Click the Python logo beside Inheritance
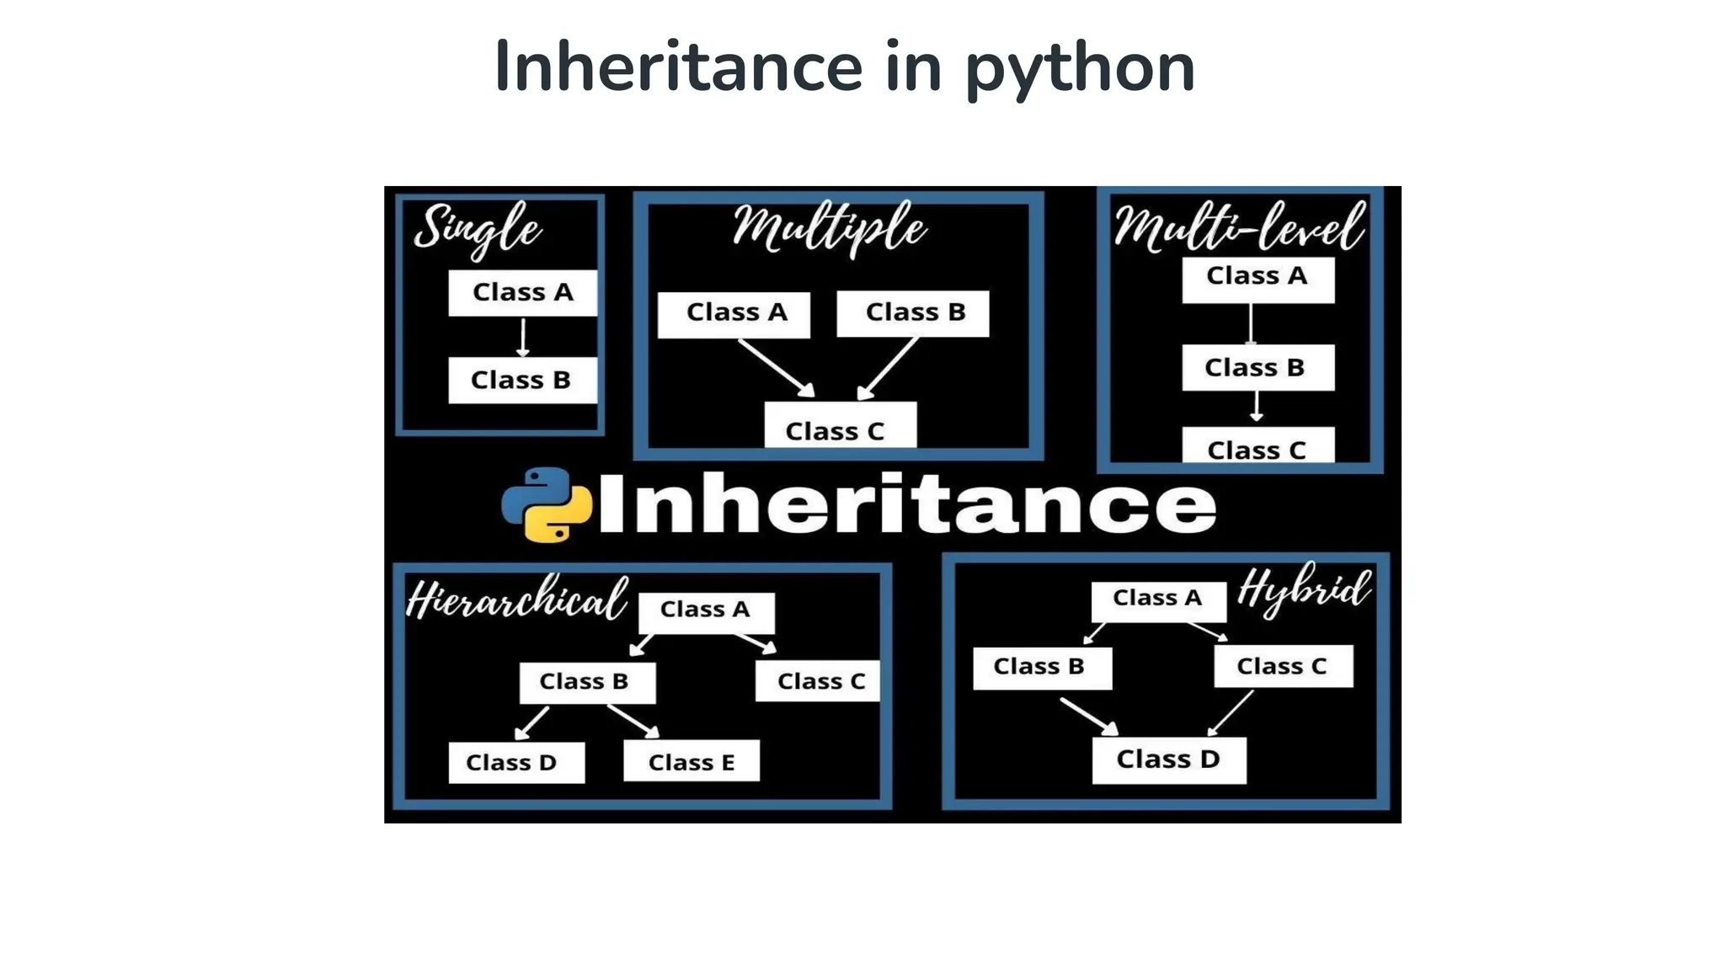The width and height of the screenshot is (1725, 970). [x=547, y=504]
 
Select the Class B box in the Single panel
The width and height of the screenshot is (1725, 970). [x=522, y=381]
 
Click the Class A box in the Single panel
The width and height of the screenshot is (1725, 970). [x=522, y=293]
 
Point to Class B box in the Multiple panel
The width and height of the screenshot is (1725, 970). [x=913, y=313]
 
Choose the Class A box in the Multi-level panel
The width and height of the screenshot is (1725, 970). [x=1258, y=279]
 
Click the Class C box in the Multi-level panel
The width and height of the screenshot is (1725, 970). [x=1258, y=446]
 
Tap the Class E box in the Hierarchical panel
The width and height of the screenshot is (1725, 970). [x=692, y=761]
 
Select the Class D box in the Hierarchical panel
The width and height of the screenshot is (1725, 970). [x=515, y=762]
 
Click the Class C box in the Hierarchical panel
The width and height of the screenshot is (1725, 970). [x=818, y=681]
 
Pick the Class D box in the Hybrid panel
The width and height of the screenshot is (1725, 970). [x=1169, y=759]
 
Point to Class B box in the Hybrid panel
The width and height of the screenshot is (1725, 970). [x=1042, y=668]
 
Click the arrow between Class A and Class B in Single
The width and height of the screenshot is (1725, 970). [x=523, y=337]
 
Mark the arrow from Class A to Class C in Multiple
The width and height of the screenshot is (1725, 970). [x=776, y=367]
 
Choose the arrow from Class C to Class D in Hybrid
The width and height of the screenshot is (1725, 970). [x=1231, y=712]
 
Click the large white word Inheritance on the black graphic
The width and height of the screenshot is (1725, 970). [x=906, y=504]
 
